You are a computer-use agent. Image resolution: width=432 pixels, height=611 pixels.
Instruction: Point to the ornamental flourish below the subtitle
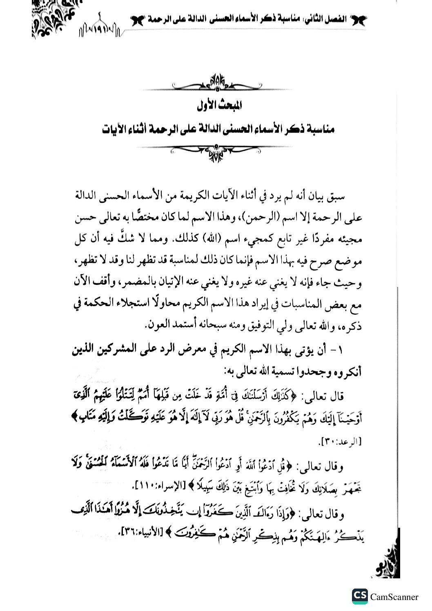216,151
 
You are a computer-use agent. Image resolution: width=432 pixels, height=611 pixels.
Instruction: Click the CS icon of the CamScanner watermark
359,596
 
